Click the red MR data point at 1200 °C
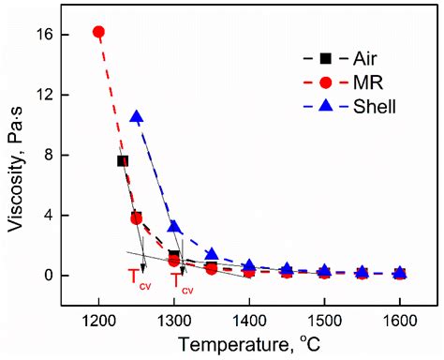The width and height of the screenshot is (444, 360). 98,32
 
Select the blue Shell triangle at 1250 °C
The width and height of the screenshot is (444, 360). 137,117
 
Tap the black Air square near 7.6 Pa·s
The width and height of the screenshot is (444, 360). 122,161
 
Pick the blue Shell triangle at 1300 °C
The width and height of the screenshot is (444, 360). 174,227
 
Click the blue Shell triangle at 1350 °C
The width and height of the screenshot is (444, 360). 212,254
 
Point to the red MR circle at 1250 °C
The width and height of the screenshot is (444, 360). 137,218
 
